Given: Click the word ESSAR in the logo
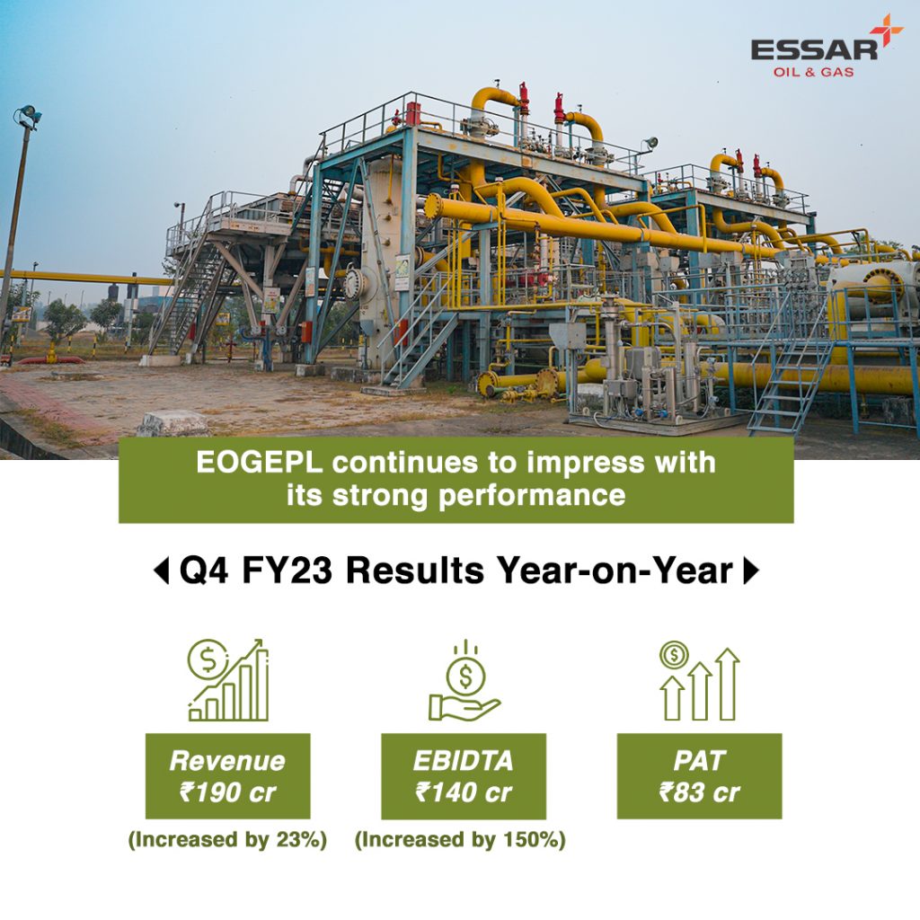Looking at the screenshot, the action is click(814, 50).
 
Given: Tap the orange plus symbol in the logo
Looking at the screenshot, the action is click(886, 30).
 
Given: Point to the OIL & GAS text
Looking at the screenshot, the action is click(813, 72).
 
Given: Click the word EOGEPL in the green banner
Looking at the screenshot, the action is click(260, 463).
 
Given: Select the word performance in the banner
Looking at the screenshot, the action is click(532, 496).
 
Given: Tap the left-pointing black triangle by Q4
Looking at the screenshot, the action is click(161, 571).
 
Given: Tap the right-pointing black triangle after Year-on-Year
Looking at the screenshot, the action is click(751, 571).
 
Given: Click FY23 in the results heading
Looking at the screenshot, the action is click(287, 571).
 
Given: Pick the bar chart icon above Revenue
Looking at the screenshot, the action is click(228, 680).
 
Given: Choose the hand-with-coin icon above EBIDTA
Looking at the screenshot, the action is click(464, 681).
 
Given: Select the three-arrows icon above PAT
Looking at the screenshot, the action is click(699, 681).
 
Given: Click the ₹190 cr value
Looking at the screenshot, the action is click(227, 792).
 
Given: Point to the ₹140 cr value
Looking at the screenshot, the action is click(464, 792).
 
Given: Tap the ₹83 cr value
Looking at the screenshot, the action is click(699, 792).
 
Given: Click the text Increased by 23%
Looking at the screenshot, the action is click(227, 840).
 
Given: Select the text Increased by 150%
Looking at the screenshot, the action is click(461, 840).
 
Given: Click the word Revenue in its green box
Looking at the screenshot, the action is click(227, 761).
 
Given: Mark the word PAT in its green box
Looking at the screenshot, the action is click(699, 761).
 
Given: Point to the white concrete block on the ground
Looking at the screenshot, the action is click(173, 424).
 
